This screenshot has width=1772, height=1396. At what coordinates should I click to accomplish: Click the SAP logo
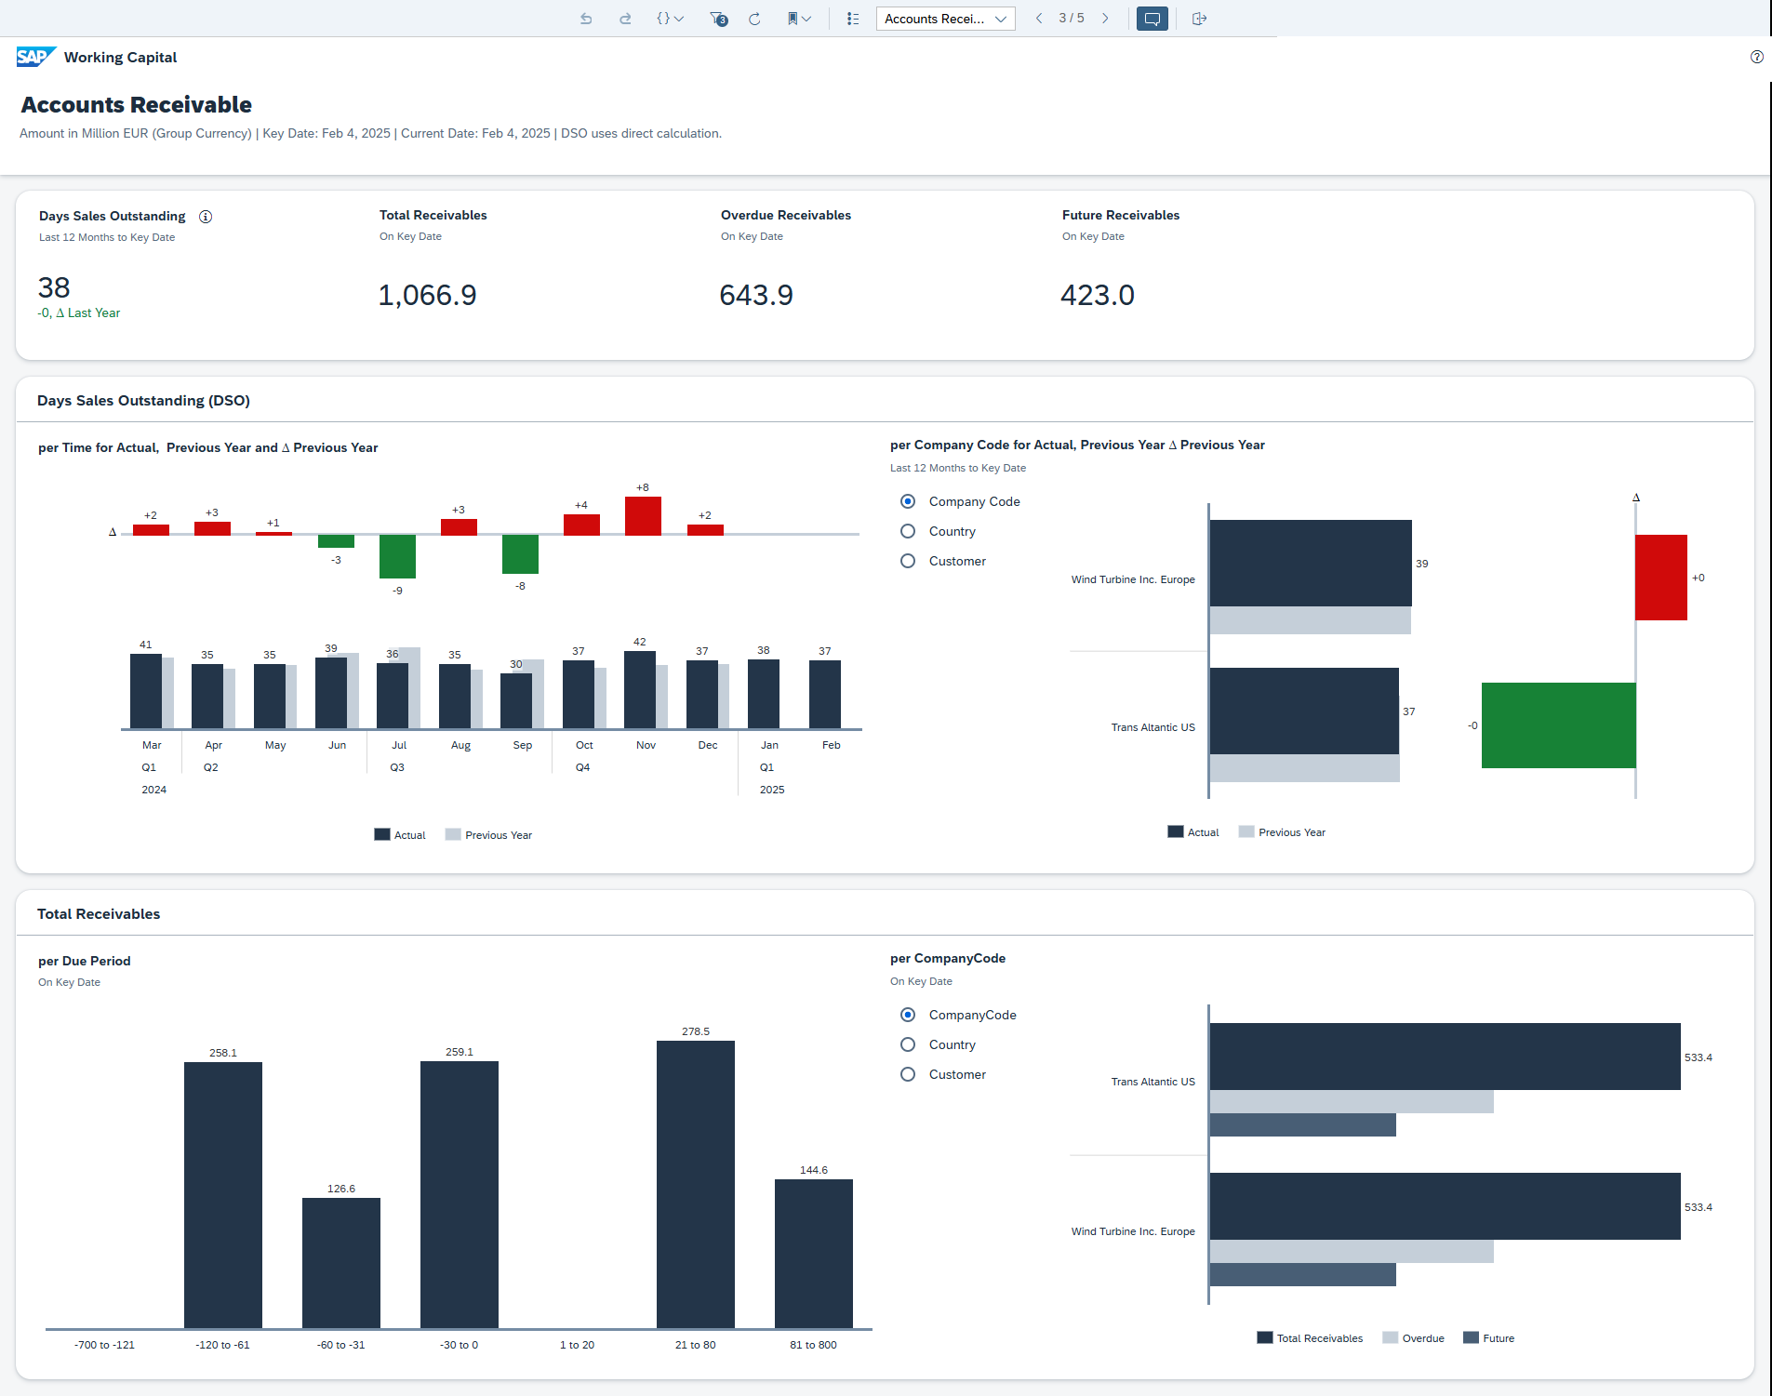click(35, 57)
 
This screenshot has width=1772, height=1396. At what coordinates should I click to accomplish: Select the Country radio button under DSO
click(908, 531)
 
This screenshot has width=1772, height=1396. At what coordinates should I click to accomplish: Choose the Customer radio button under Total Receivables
click(908, 1074)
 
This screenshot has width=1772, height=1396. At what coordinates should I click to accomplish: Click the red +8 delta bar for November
click(643, 516)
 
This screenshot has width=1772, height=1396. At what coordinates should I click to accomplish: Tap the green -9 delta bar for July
click(397, 556)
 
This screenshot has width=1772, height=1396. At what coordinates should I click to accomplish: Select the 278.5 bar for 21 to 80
click(695, 1183)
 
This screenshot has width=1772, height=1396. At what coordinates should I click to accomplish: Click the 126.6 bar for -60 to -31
click(340, 1262)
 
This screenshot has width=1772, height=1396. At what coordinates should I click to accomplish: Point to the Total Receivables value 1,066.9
click(427, 295)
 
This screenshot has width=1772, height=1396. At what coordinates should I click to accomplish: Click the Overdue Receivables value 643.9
click(755, 295)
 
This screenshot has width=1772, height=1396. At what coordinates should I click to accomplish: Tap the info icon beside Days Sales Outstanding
click(206, 217)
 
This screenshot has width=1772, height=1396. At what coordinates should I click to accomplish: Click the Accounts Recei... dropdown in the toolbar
click(944, 19)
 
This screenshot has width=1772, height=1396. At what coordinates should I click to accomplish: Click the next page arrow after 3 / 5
click(1105, 19)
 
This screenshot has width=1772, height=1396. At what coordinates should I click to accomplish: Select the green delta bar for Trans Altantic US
click(1558, 725)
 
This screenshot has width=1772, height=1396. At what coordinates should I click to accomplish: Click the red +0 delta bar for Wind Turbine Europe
click(1660, 578)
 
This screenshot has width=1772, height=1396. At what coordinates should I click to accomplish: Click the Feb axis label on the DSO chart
click(831, 745)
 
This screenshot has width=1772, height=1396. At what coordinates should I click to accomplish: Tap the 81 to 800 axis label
click(813, 1345)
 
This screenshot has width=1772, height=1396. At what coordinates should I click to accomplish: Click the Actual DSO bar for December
click(701, 694)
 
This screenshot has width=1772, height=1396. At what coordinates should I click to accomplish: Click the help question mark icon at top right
click(1756, 57)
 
